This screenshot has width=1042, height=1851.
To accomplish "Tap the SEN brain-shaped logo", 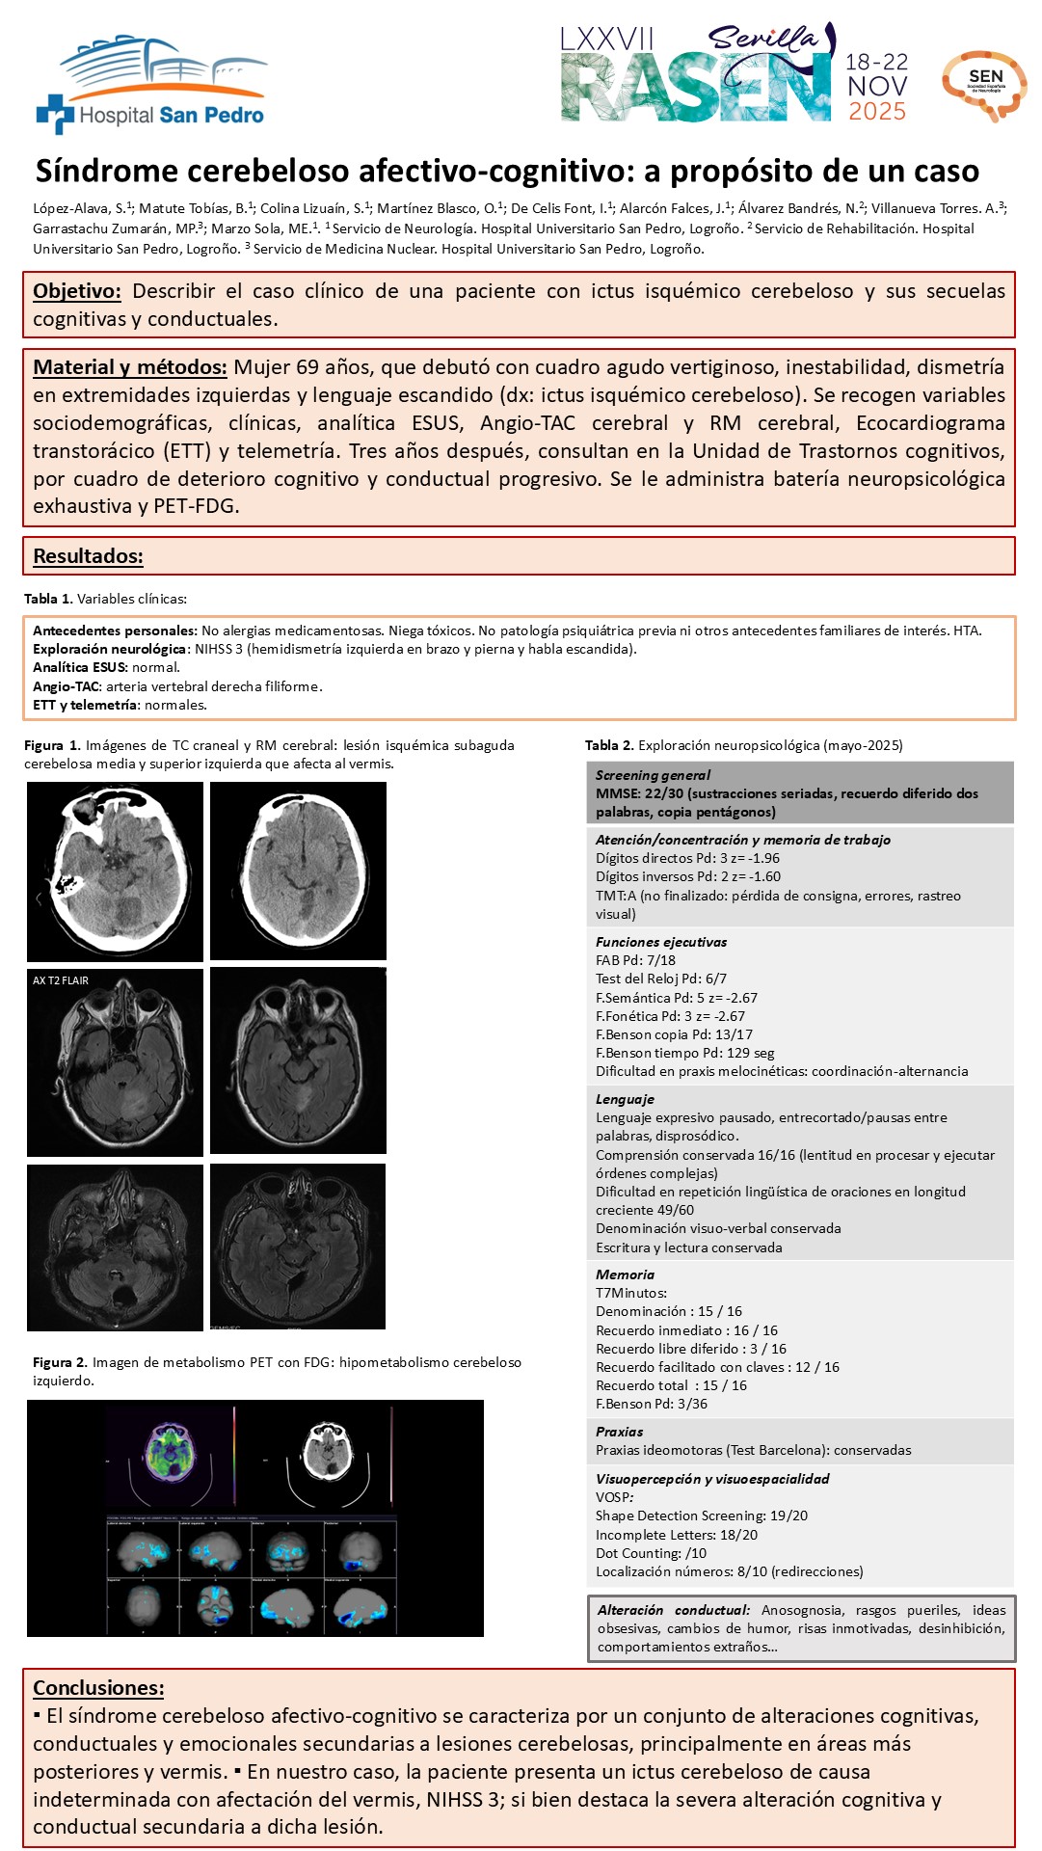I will pos(984,85).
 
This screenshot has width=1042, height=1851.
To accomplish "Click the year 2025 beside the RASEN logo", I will pos(876,112).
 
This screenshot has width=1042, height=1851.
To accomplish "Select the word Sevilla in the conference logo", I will pos(761,39).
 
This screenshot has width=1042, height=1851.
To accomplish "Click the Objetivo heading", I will pos(77,291).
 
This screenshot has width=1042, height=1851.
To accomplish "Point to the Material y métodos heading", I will pos(130,367).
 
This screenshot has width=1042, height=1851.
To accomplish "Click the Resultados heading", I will pos(88,556).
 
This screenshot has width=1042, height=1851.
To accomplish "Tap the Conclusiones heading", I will pos(98,1687).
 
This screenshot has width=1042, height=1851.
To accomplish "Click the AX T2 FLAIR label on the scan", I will pos(61,980).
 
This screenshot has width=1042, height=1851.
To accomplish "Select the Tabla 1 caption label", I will pos(48,599).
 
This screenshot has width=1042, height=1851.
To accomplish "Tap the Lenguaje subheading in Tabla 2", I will pos(625,1099).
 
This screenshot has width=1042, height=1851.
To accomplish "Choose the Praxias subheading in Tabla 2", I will pos(619,1432).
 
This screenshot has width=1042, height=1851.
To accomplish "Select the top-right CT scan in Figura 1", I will pos(298,870).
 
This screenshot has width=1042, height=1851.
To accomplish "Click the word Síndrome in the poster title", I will pos(106,172).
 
